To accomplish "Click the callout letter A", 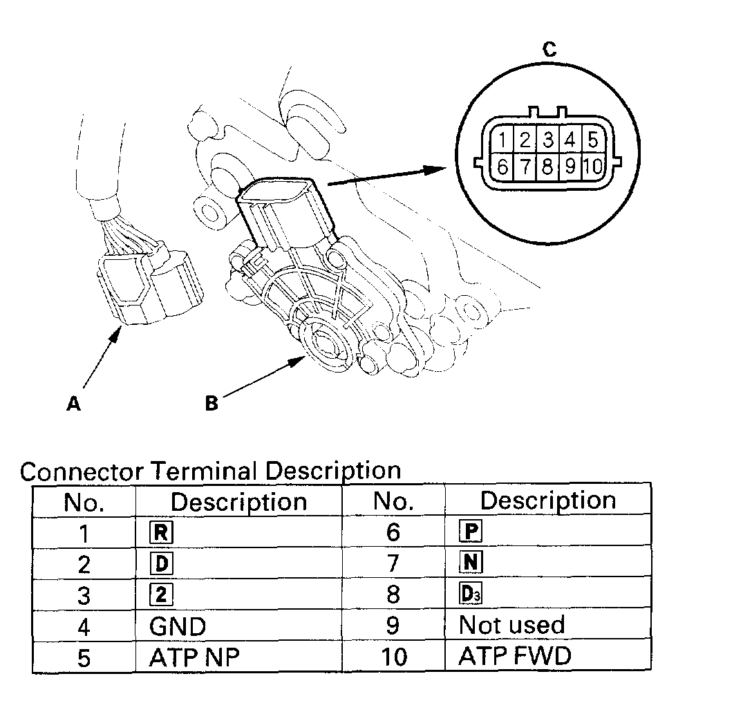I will click(x=73, y=404).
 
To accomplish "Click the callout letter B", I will click(x=211, y=403).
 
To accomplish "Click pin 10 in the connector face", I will click(x=593, y=167).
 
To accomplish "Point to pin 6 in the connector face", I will click(x=502, y=167).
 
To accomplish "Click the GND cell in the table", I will click(x=178, y=626).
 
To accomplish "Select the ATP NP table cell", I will click(x=194, y=657).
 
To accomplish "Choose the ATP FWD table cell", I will click(x=515, y=656).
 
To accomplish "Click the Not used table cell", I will click(x=512, y=626).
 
